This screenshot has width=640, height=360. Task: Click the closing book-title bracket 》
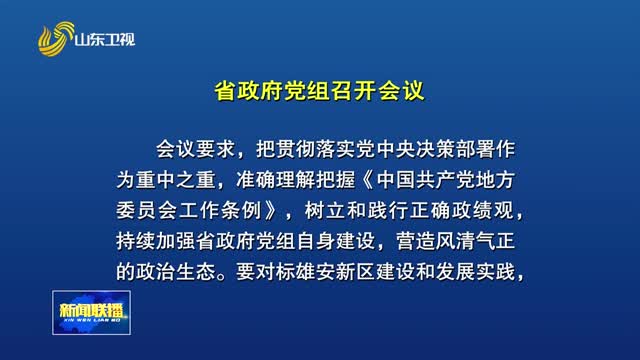coord(289,212)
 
